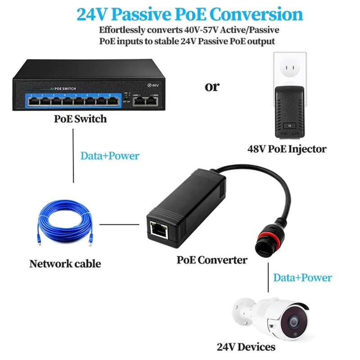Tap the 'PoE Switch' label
click(x=81, y=119)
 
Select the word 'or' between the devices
click(x=212, y=86)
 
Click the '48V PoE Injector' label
click(x=287, y=148)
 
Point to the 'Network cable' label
click(x=65, y=264)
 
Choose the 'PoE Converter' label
click(x=211, y=260)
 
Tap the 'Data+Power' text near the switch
click(x=110, y=156)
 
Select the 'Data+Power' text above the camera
click(x=302, y=278)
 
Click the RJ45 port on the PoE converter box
click(x=159, y=229)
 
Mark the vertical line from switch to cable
click(x=73, y=155)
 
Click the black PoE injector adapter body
click(x=290, y=108)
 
